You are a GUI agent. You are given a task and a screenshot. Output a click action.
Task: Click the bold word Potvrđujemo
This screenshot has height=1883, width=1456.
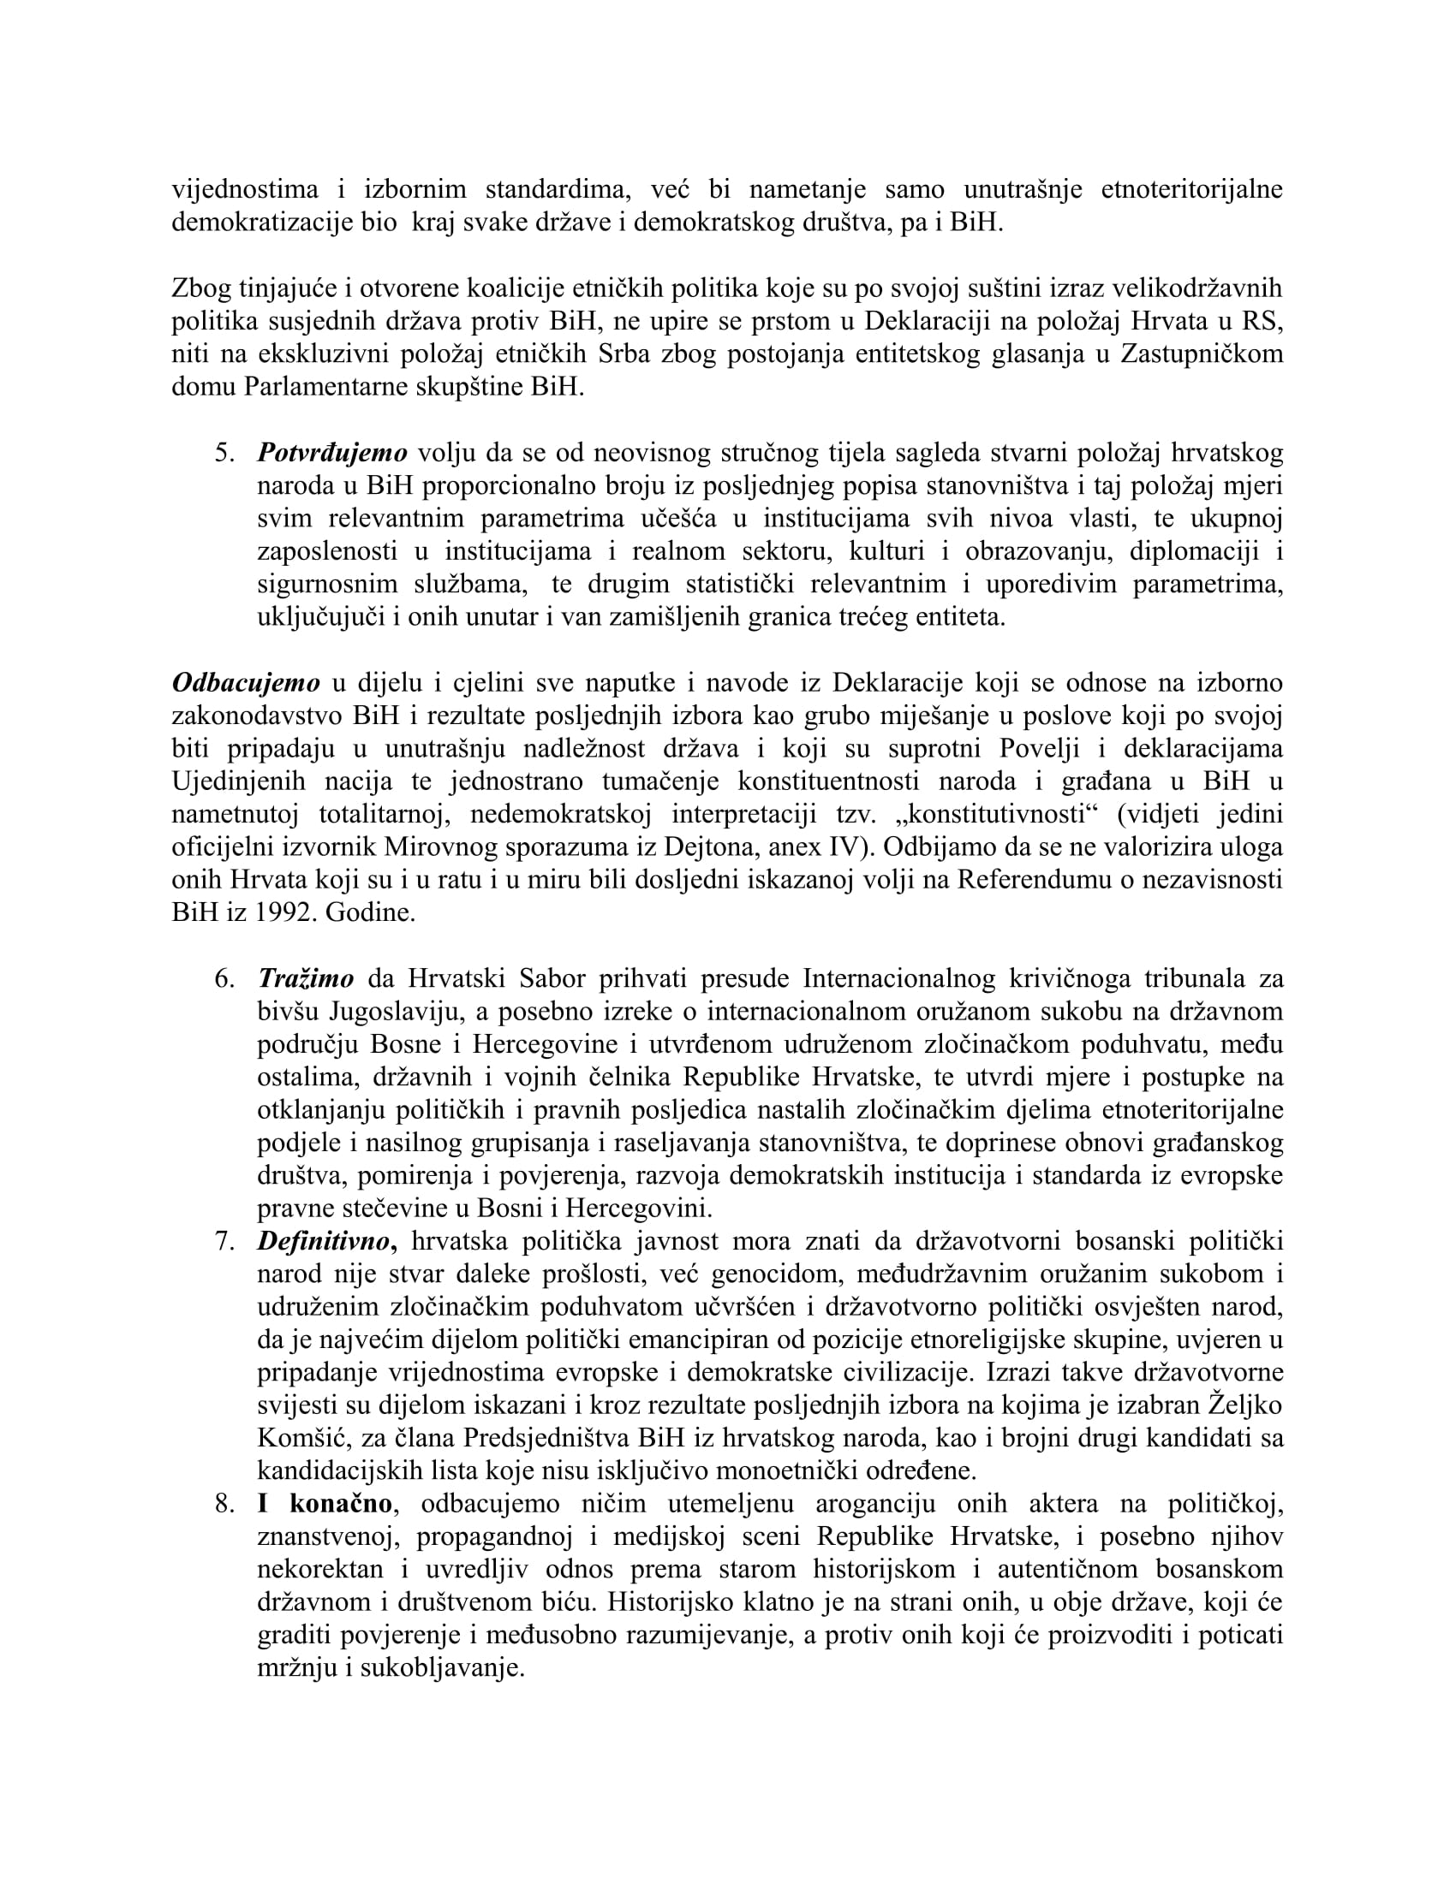point(332,453)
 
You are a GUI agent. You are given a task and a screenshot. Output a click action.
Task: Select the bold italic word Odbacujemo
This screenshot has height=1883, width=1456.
point(246,683)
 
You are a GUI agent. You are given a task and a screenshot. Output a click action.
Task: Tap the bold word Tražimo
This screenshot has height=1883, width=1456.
point(306,978)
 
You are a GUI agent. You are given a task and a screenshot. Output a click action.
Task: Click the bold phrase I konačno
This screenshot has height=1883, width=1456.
point(326,1505)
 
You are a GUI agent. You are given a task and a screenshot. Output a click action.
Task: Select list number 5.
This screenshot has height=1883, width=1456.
point(224,453)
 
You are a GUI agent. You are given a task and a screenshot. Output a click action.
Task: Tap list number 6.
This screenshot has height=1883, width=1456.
point(224,978)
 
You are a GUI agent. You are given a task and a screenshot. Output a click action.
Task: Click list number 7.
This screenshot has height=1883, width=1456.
point(224,1242)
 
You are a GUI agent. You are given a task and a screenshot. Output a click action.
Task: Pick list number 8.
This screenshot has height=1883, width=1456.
point(224,1505)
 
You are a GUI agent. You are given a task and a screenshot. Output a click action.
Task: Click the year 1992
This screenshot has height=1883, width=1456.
point(282,913)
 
